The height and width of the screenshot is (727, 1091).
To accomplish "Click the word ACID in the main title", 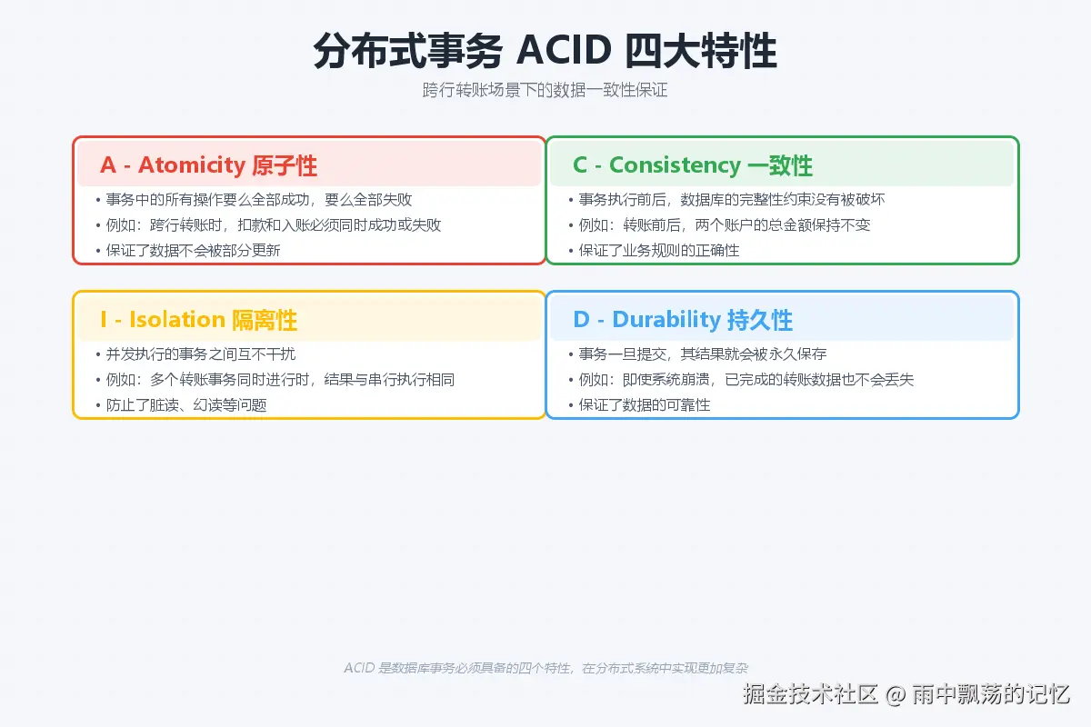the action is [x=564, y=50].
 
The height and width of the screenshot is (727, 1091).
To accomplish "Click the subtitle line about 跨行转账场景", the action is [x=545, y=90].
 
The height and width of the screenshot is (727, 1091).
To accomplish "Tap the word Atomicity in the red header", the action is [x=192, y=165].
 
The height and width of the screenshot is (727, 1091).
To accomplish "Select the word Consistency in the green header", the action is [x=675, y=165].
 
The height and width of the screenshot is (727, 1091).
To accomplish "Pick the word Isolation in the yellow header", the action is [x=177, y=320].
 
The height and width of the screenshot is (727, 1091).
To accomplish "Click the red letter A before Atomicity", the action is [x=108, y=165].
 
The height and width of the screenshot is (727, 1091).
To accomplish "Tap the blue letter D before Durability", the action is [x=582, y=320].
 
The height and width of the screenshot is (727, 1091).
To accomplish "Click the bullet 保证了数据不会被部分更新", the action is [x=193, y=250].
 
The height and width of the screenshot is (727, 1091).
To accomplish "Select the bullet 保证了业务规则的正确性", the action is [x=658, y=250].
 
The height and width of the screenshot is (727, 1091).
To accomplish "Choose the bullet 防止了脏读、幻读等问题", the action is [x=186, y=404].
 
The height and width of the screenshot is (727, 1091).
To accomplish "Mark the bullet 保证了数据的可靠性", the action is [x=644, y=404].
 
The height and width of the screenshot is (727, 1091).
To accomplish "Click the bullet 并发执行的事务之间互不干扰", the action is [x=201, y=354].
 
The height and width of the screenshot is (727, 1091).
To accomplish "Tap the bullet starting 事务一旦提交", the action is [x=702, y=354].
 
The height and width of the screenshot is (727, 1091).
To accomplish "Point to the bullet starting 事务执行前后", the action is [x=732, y=200].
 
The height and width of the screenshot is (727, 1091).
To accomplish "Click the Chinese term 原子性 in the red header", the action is [x=284, y=165].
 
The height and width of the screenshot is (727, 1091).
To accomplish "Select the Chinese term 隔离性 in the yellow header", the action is [x=264, y=320].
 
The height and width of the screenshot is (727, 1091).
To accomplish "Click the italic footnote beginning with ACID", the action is [x=545, y=668].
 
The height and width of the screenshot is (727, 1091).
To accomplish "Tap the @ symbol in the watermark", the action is [x=896, y=695].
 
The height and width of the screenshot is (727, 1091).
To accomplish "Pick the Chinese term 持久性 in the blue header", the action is [x=760, y=320].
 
